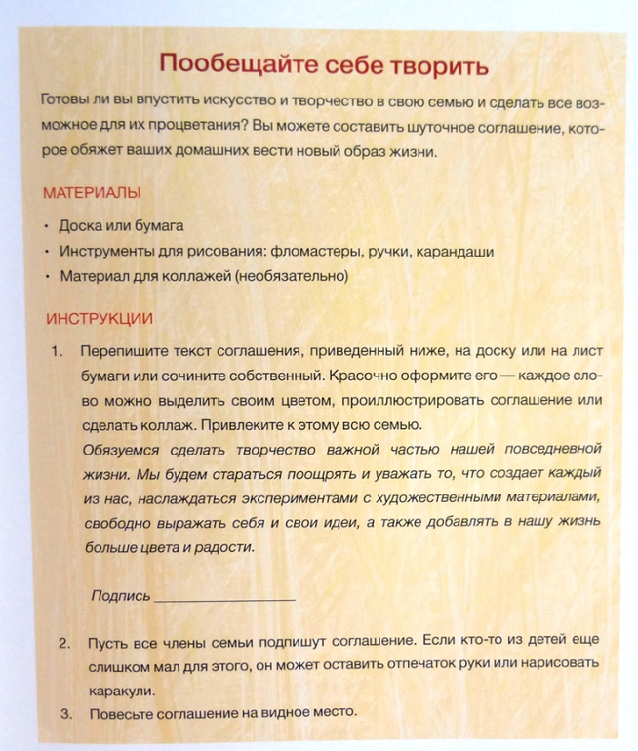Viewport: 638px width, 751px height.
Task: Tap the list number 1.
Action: pyautogui.click(x=57, y=349)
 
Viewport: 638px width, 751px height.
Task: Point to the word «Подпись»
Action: pyautogui.click(x=120, y=594)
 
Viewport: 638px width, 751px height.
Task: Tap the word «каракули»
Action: pyautogui.click(x=121, y=690)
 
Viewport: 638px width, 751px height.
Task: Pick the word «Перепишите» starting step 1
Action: pyautogui.click(x=124, y=349)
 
